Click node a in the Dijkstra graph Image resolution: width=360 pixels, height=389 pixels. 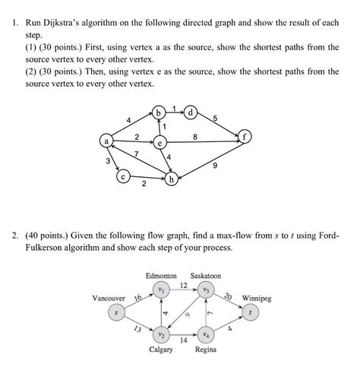(x=107, y=141)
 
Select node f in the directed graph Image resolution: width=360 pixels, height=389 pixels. (x=245, y=138)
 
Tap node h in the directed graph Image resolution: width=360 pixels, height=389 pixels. (x=173, y=179)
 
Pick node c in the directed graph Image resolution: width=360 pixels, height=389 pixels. (x=124, y=176)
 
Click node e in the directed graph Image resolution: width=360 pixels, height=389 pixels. (x=160, y=142)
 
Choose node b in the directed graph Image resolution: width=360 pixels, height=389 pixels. (x=159, y=113)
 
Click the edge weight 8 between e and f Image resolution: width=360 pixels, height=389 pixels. (x=196, y=137)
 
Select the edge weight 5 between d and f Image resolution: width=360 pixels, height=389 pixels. (x=215, y=118)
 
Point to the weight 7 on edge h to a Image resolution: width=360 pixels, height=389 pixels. (x=136, y=155)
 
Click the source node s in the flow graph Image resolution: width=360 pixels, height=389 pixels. (x=116, y=312)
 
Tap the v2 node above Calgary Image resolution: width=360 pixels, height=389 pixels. (x=161, y=334)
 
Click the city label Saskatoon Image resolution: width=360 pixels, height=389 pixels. (x=206, y=276)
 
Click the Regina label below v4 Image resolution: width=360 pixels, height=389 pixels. (x=206, y=350)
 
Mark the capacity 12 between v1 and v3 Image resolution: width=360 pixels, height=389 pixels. (x=183, y=284)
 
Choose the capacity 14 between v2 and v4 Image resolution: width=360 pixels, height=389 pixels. (x=183, y=340)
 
